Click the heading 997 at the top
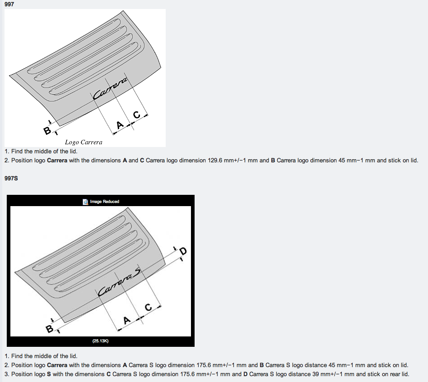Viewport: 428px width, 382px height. (9, 4)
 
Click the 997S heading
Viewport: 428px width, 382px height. (11, 178)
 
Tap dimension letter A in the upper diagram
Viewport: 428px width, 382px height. (120, 125)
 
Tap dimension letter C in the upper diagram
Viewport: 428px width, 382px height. (137, 115)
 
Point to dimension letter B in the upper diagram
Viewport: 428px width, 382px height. (47, 131)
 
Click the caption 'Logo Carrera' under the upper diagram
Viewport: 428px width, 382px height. (84, 142)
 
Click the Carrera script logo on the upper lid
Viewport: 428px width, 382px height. (110, 88)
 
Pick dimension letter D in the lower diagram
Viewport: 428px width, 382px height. (183, 251)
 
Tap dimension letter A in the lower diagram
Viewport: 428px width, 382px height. (127, 320)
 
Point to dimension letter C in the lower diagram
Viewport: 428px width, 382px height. (148, 307)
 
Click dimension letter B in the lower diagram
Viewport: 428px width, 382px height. (49, 329)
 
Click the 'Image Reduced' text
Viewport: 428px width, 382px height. (105, 202)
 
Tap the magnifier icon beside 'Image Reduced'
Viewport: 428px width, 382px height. (85, 202)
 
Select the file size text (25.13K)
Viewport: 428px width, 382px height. (100, 341)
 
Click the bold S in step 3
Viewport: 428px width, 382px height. (49, 374)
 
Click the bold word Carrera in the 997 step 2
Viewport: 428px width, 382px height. (57, 160)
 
